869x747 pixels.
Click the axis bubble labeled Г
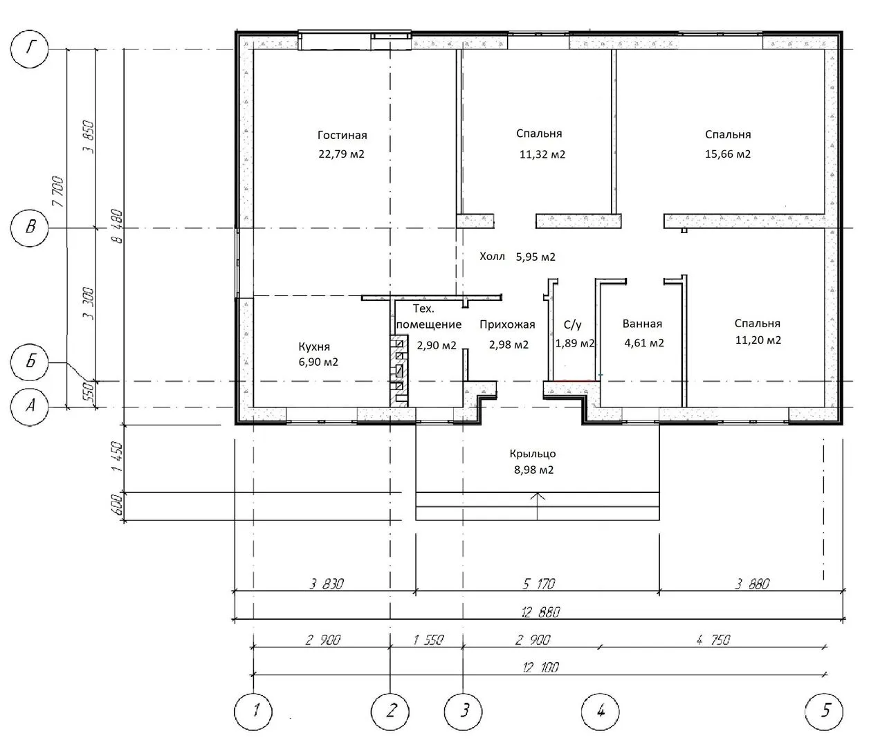(x=30, y=49)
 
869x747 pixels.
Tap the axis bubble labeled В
(x=30, y=228)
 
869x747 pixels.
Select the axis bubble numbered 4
(x=600, y=712)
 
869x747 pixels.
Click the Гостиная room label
(x=342, y=136)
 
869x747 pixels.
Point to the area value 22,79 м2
(x=341, y=154)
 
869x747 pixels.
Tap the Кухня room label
(x=314, y=347)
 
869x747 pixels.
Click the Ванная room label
(x=642, y=324)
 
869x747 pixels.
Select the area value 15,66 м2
(x=727, y=154)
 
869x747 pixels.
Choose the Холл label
(x=492, y=257)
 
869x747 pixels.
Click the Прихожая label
(x=507, y=324)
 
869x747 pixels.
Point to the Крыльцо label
(x=533, y=454)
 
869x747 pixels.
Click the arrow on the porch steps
(x=538, y=506)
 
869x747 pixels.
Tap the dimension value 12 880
(x=540, y=612)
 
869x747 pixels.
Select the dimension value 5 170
(x=538, y=584)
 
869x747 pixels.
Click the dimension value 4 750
(x=713, y=640)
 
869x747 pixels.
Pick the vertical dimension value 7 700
(x=58, y=192)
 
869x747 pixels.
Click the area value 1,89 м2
(x=575, y=344)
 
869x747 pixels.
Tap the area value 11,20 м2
(x=758, y=340)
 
